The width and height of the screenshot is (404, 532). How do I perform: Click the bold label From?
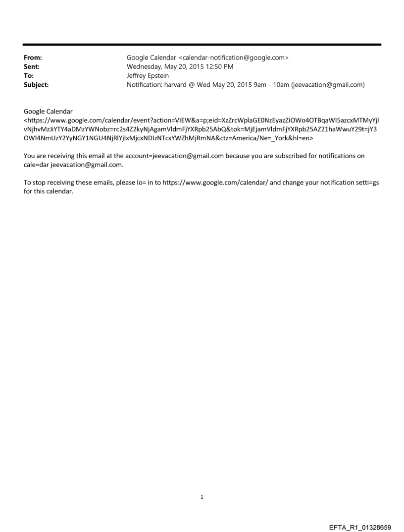pyautogui.click(x=33, y=58)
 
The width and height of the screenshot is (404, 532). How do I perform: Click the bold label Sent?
pyautogui.click(x=32, y=67)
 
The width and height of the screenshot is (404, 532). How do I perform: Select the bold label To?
pyautogui.click(x=29, y=76)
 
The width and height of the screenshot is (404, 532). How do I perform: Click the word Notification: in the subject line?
pyautogui.click(x=145, y=85)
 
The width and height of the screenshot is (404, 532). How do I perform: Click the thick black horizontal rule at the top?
pyautogui.click(x=202, y=45)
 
